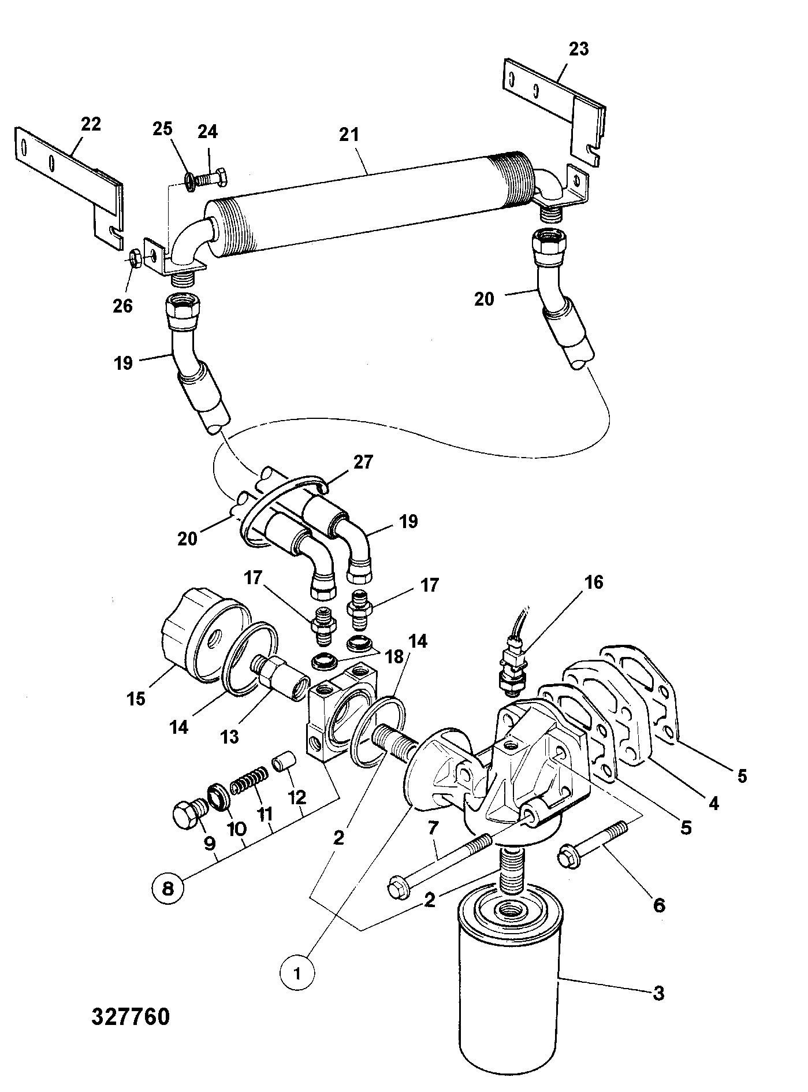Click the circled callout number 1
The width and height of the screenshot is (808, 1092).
click(297, 973)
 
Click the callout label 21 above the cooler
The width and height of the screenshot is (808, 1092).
click(349, 135)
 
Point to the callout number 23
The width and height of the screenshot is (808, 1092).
click(578, 49)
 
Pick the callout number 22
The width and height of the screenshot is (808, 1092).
click(91, 124)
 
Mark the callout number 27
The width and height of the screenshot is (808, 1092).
click(363, 462)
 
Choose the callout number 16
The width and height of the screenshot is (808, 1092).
click(593, 582)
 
